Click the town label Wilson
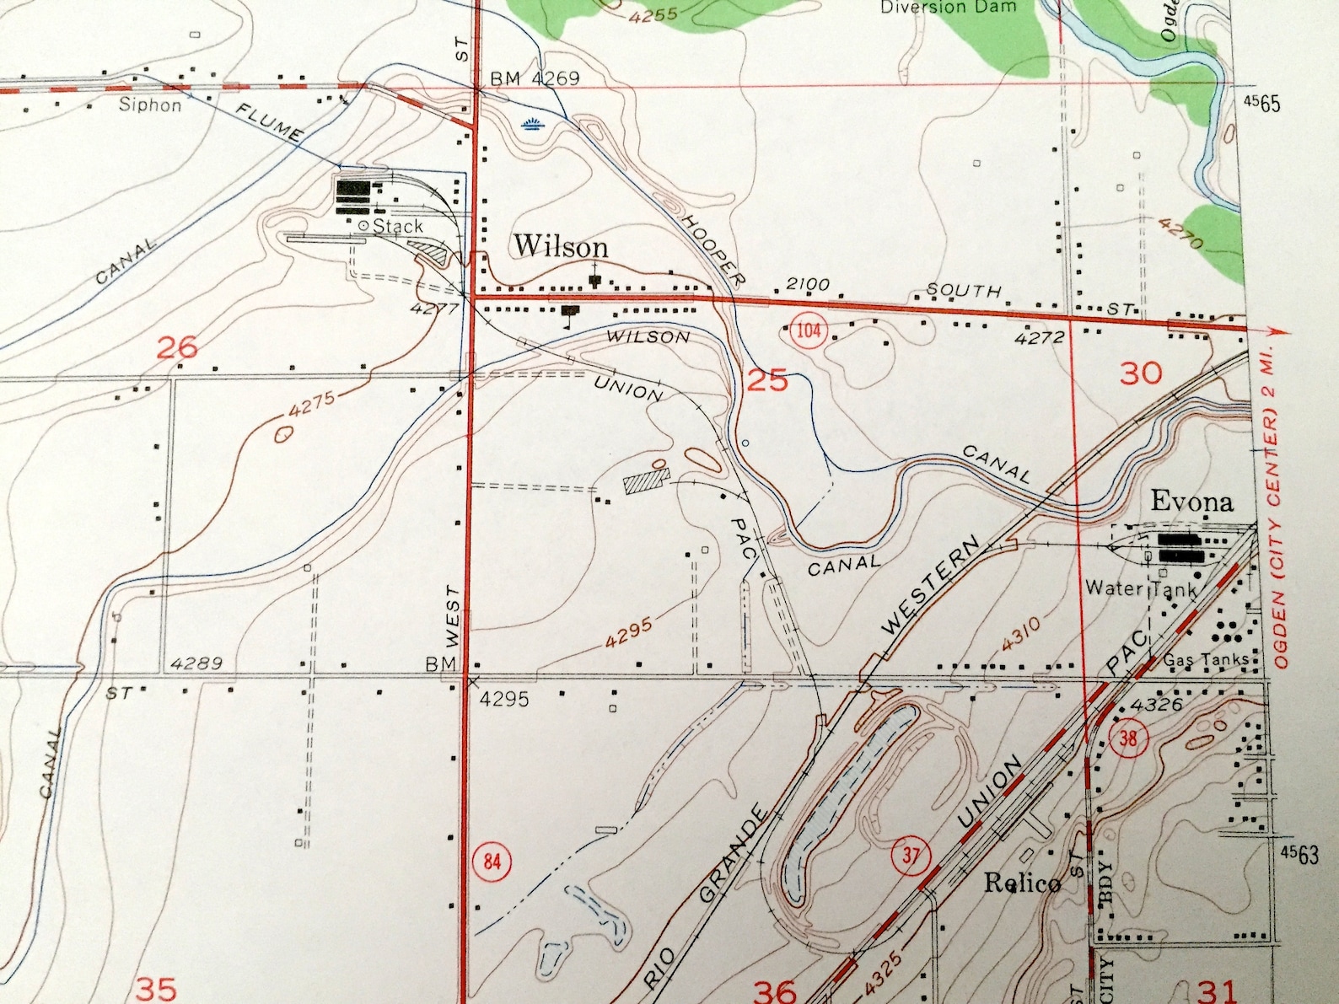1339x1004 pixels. (x=561, y=246)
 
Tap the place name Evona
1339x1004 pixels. (x=1191, y=502)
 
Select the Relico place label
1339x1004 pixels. (x=1022, y=883)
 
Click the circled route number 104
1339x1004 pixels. (x=809, y=330)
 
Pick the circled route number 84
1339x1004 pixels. (x=492, y=862)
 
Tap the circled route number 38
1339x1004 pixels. (x=1128, y=739)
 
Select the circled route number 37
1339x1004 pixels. (x=911, y=856)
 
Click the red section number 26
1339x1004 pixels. (x=177, y=346)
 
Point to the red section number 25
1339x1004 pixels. (x=767, y=380)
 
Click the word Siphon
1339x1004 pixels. (x=150, y=105)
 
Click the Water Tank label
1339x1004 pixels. (x=1140, y=588)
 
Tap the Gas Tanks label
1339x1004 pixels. (x=1206, y=660)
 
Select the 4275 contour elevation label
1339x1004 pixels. (x=311, y=403)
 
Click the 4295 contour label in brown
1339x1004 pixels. (x=628, y=631)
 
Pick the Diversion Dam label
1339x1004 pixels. (x=948, y=8)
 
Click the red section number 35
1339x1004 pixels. (x=156, y=988)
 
